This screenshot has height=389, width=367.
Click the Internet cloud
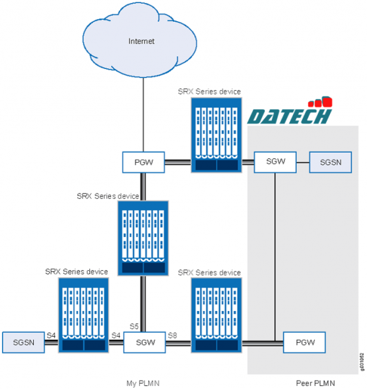coord(142,42)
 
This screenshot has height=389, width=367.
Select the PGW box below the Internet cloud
coord(144,162)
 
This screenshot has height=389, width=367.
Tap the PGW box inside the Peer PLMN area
coord(304,342)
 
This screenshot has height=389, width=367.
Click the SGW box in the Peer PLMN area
coord(274,162)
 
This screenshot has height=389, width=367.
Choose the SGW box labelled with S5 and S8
coord(144,342)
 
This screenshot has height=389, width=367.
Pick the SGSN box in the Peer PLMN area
coord(330,162)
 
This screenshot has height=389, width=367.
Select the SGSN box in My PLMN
coord(23,342)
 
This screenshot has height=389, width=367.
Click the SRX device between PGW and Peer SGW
coord(216,135)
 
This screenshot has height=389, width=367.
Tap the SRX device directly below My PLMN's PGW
coord(143,237)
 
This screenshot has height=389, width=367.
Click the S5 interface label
coord(134,327)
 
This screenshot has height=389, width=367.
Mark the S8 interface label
coord(172,335)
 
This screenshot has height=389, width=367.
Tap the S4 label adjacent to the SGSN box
coord(52,335)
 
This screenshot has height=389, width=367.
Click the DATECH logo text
coord(289,116)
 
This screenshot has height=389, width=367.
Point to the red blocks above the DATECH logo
coord(320,102)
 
